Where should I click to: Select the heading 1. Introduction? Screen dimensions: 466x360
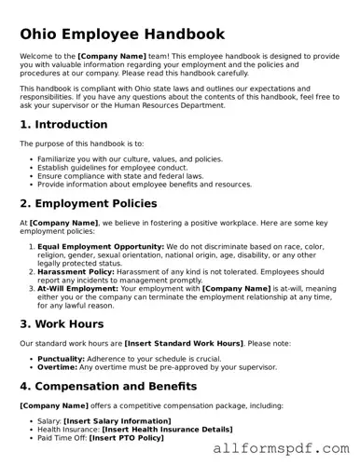63,124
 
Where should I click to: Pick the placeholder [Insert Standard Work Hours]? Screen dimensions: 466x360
174,344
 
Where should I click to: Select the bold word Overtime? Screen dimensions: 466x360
55,367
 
